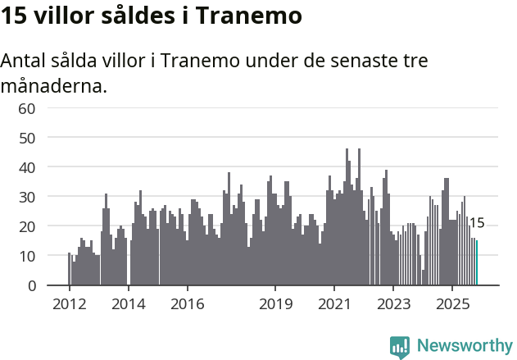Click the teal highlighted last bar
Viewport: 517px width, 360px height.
click(477, 263)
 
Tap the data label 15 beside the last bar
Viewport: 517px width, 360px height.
click(477, 223)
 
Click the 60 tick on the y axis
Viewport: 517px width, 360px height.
click(27, 108)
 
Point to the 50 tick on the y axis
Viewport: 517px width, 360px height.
click(27, 138)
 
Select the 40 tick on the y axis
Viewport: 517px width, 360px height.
click(27, 167)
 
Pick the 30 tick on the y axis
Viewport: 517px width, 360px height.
click(27, 197)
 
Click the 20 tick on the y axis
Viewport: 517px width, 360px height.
click(27, 226)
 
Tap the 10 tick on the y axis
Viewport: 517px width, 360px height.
click(27, 256)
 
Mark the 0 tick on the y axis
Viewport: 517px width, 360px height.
click(31, 285)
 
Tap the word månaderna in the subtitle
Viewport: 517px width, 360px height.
click(54, 85)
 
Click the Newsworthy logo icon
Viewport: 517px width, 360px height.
click(400, 346)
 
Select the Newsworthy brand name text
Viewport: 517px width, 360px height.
click(465, 346)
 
